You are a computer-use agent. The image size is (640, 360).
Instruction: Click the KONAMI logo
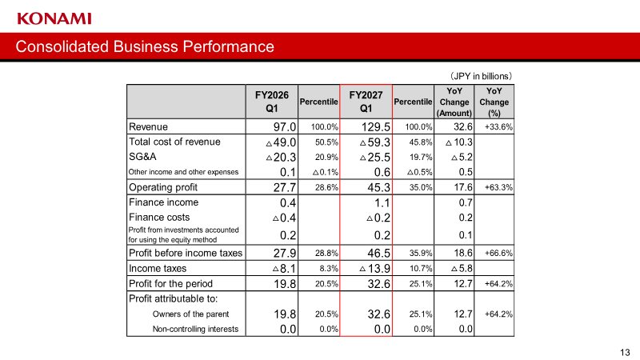54,18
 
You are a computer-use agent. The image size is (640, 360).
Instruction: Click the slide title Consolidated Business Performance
145,46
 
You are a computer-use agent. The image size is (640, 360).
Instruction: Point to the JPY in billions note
481,76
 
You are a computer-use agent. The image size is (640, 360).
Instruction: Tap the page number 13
625,352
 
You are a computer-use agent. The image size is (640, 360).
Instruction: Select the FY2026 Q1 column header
272,102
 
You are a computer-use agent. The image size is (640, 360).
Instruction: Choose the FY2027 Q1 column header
366,102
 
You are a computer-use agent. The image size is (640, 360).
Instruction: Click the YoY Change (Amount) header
454,102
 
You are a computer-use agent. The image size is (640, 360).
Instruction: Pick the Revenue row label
148,127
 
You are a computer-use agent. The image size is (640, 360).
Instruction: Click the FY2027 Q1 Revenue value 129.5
375,127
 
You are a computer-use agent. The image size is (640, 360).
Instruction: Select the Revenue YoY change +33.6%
498,127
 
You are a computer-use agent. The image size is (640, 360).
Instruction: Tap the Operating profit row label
163,187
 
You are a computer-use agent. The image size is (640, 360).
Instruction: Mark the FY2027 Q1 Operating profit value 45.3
378,187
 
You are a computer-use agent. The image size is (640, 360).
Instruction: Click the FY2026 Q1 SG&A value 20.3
281,157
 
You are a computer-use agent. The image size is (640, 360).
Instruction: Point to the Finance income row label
164,202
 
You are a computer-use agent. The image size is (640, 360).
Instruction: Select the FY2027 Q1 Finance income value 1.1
382,203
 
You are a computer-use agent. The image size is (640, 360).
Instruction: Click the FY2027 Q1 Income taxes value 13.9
374,269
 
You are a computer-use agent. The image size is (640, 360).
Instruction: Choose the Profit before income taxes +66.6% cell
498,253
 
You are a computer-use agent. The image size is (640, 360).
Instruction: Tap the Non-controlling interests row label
195,329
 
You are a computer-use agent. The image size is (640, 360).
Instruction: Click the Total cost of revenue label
174,142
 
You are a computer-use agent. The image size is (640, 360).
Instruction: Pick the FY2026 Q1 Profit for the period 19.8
285,284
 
